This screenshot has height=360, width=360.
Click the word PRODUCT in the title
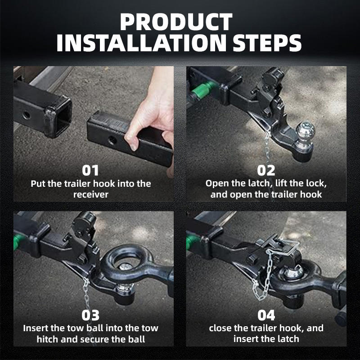click(176, 22)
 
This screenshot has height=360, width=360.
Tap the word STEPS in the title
click(267, 43)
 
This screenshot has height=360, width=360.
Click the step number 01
click(90, 171)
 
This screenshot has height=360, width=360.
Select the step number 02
click(266, 171)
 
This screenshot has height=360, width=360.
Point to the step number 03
click(90, 315)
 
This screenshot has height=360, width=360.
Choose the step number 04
click(266, 315)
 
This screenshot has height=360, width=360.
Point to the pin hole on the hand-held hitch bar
click(112, 140)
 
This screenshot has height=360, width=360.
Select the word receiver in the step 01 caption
click(91, 195)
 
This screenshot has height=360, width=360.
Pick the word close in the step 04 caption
click(219, 328)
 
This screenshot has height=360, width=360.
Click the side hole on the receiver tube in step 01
click(27, 115)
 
